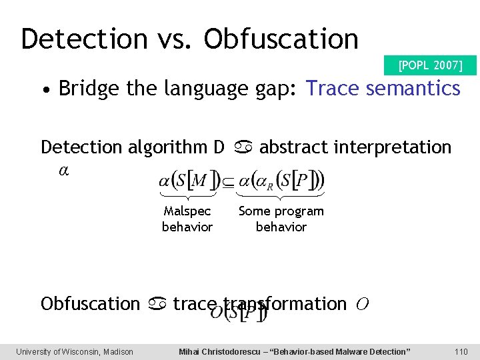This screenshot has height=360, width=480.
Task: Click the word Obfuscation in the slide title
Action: (281, 39)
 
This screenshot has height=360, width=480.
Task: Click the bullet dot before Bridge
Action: (45, 89)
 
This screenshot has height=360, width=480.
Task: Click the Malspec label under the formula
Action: (187, 211)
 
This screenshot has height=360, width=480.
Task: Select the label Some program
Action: (281, 211)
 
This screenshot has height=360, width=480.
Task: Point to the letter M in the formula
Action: (201, 179)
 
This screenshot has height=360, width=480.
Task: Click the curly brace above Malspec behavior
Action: (187, 195)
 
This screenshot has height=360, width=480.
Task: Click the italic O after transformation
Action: (361, 304)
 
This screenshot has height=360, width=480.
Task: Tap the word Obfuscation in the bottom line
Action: (90, 304)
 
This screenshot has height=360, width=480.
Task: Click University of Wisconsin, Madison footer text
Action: (75, 351)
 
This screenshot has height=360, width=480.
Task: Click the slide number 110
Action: (461, 351)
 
